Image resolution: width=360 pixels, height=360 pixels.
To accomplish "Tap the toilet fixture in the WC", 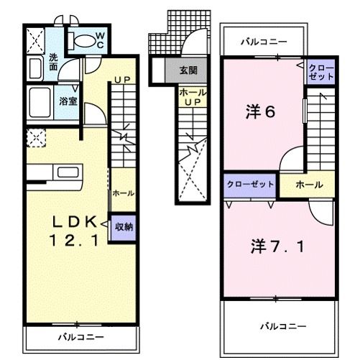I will pos(82,42).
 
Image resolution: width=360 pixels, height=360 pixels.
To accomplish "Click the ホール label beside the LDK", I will pos(122,193).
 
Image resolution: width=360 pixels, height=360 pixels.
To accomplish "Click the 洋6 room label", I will pos(261,113).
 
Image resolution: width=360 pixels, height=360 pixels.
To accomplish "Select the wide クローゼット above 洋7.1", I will pos(250,185).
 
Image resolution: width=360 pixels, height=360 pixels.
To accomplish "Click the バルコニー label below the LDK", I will pos(80,336).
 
